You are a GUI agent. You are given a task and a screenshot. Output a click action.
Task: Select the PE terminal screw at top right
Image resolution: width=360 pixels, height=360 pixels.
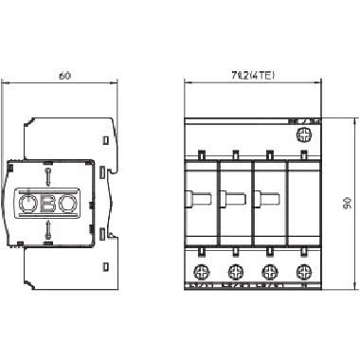click(x=304, y=135)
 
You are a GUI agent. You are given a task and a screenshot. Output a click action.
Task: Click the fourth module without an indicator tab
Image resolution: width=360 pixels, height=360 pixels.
click(x=304, y=202)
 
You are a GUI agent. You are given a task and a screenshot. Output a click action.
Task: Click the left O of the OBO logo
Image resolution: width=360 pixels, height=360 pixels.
click(x=29, y=203)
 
